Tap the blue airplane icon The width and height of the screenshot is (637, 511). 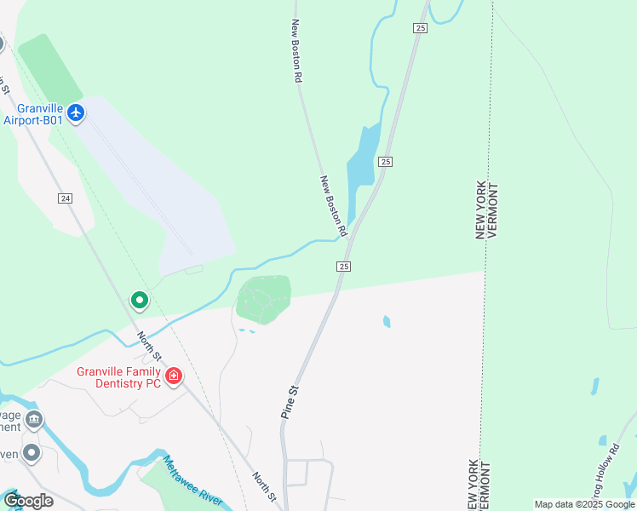77,113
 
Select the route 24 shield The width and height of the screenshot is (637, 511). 65,198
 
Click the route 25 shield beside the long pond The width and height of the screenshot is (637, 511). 386,162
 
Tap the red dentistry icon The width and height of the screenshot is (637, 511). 174,376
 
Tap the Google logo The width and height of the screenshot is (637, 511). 28,501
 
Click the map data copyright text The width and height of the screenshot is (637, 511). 585,504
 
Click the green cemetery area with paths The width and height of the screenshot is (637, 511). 263,299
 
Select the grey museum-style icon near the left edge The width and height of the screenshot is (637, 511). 34,418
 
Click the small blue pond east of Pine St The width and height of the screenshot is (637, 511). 387,322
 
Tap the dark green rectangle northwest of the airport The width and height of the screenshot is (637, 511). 50,67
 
